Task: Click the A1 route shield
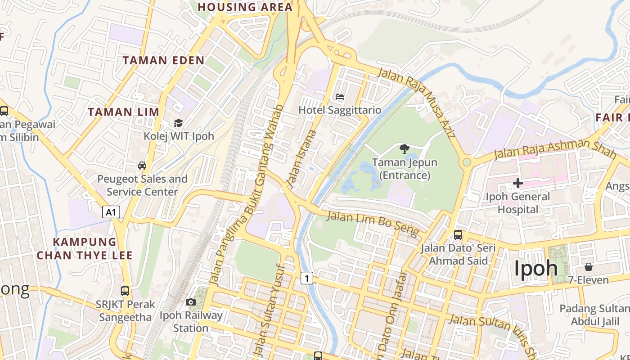111,212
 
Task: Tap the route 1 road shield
306,278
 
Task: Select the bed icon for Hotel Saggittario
340,97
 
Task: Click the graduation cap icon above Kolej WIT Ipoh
179,123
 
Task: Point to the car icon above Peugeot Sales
142,166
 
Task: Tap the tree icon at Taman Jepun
405,148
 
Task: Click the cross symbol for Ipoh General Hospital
518,183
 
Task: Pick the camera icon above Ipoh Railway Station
191,302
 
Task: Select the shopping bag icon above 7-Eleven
589,267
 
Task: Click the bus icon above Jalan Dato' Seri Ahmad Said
458,234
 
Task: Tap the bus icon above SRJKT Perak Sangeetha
125,291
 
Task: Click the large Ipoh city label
535,269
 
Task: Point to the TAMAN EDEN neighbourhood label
163,60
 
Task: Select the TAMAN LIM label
123,112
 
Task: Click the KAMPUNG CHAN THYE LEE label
85,249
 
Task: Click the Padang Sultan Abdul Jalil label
594,315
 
